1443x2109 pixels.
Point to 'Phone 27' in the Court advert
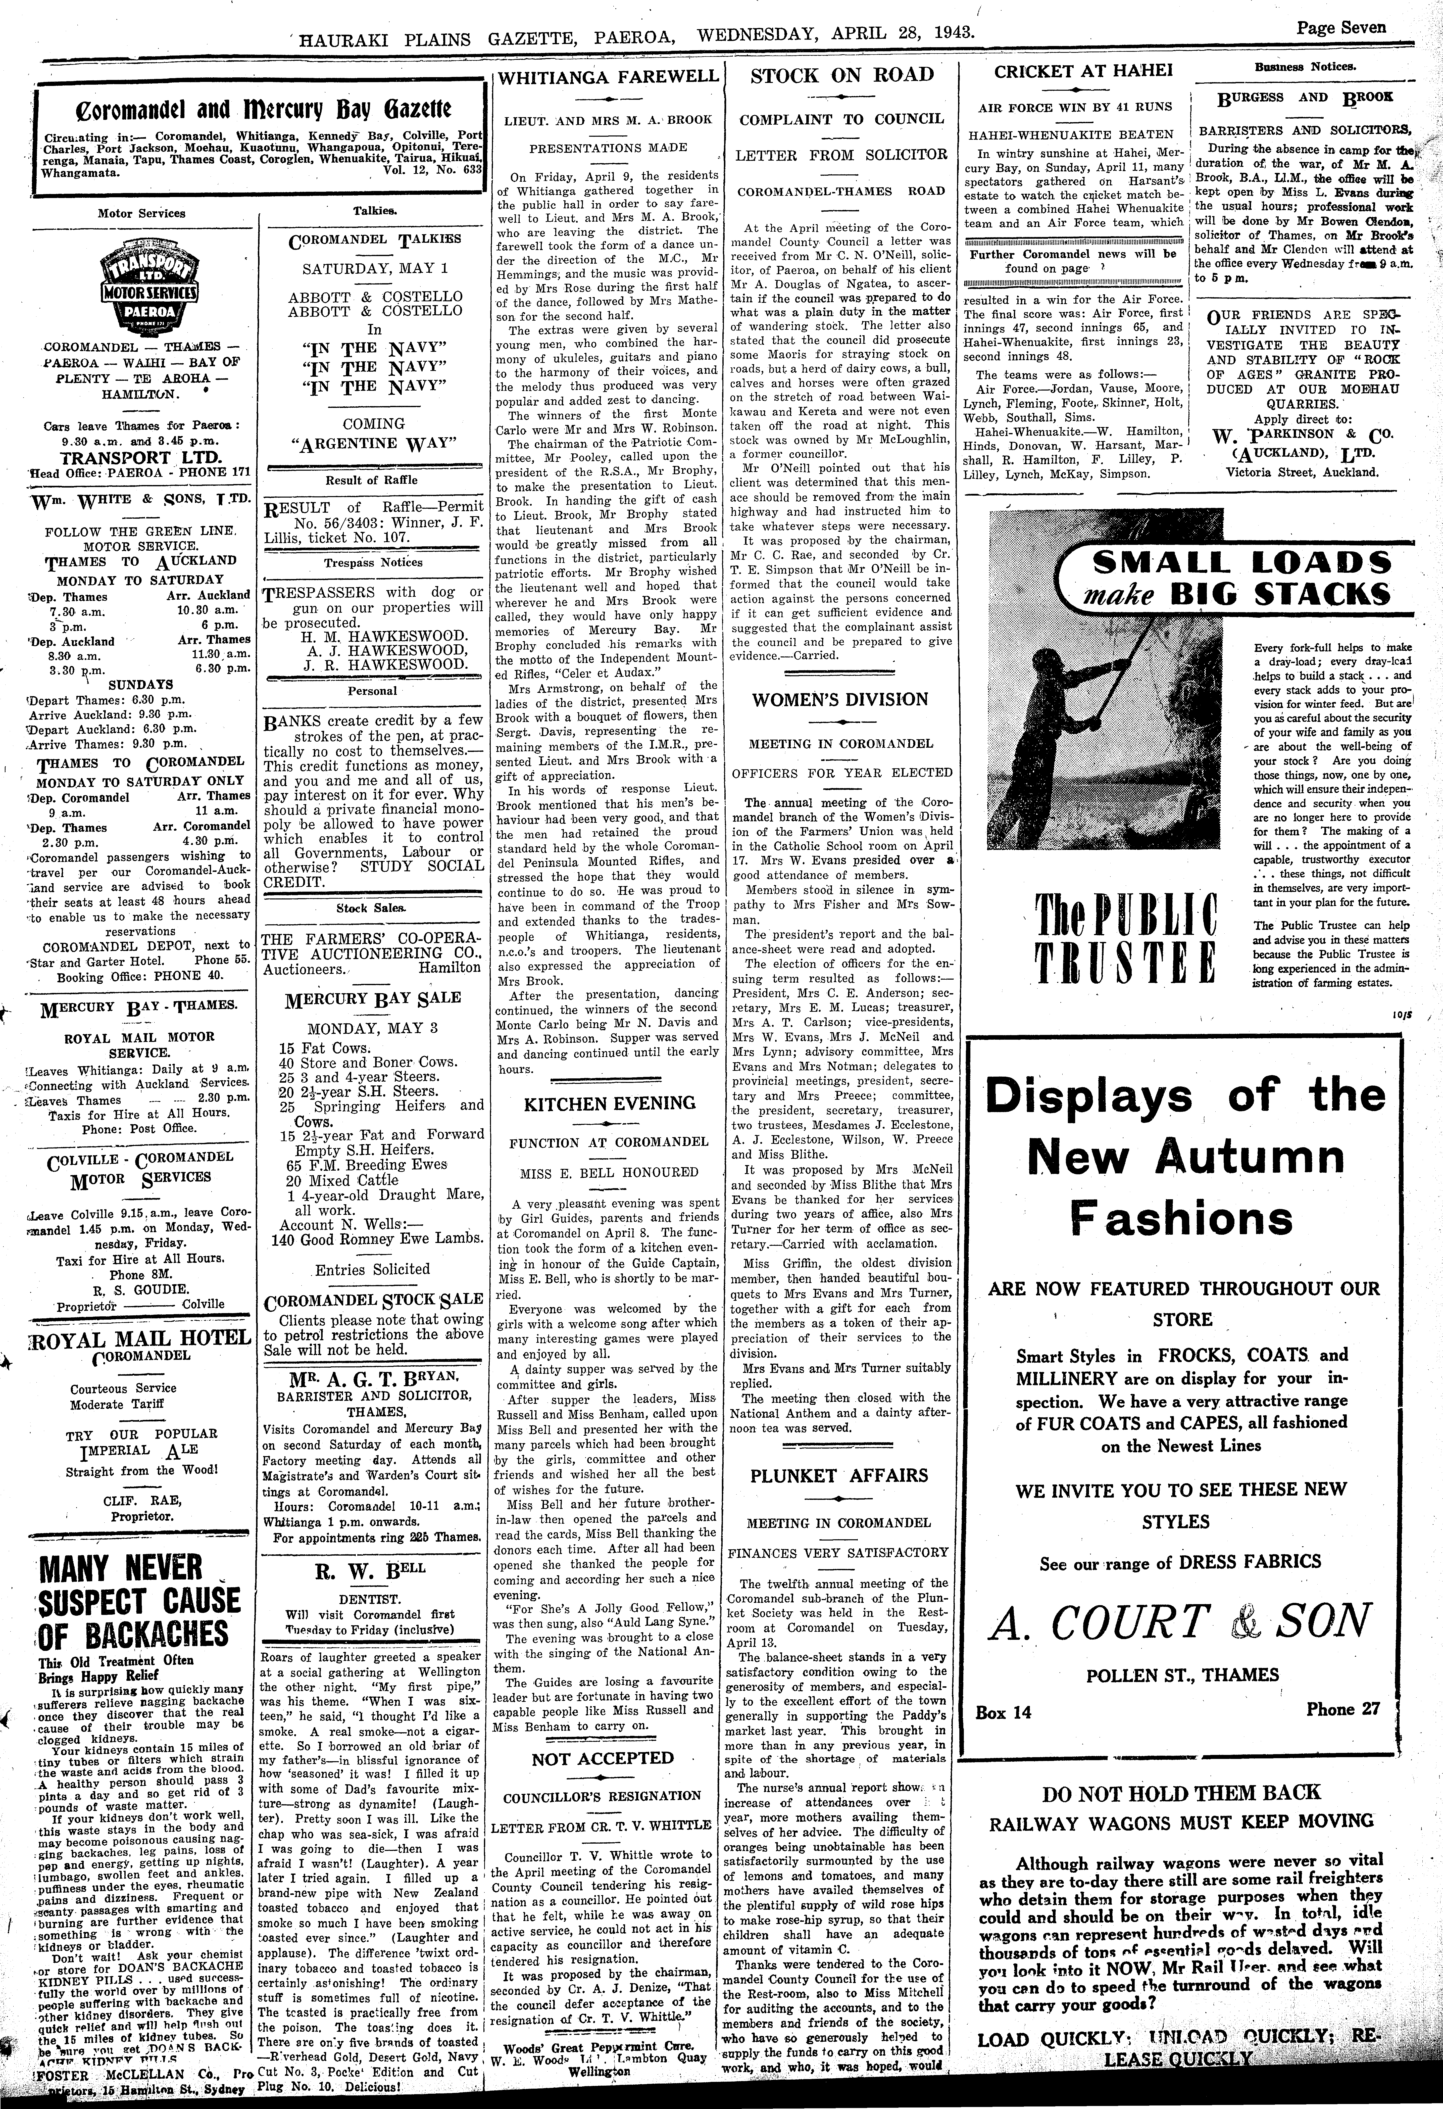1342,1709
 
